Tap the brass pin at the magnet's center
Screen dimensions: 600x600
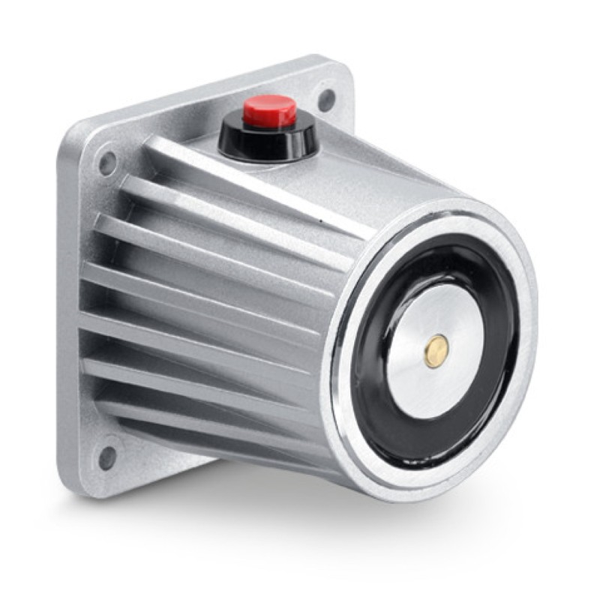pos(436,350)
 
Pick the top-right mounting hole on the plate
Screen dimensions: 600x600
pos(326,98)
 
